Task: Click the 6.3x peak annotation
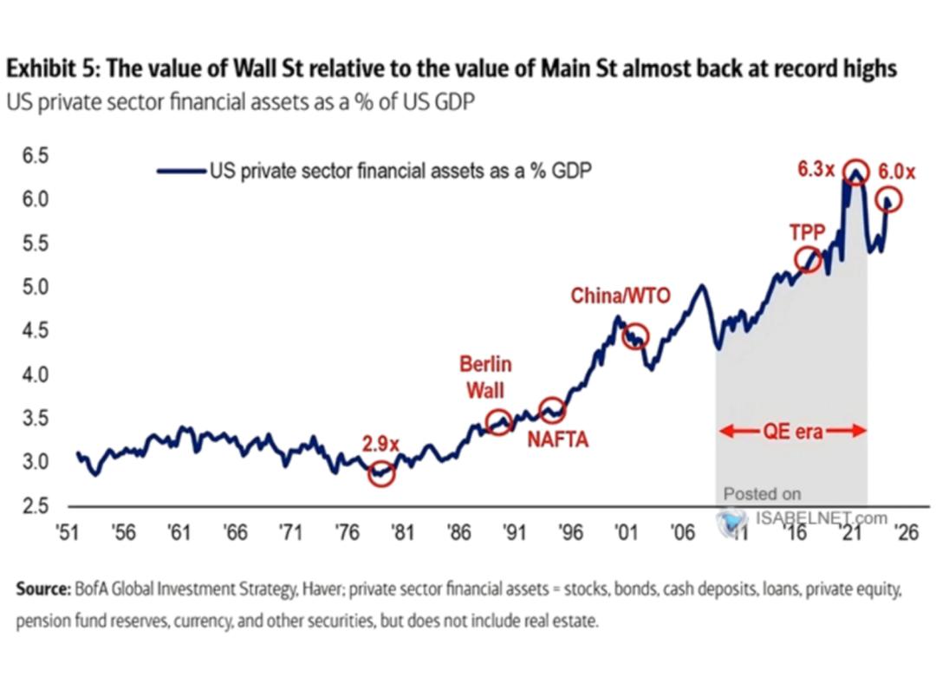(x=814, y=170)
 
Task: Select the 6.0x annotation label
(x=896, y=172)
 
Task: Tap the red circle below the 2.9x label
(x=381, y=473)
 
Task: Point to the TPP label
(x=805, y=232)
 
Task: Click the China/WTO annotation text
(x=620, y=296)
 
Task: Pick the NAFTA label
(x=558, y=440)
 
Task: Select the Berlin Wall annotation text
(x=485, y=376)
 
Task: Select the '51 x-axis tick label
(x=70, y=531)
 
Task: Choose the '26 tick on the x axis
(x=905, y=531)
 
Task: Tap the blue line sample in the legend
(x=179, y=171)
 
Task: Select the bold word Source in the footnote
(x=41, y=590)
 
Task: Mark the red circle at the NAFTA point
(x=552, y=411)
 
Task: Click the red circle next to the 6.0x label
(x=889, y=200)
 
